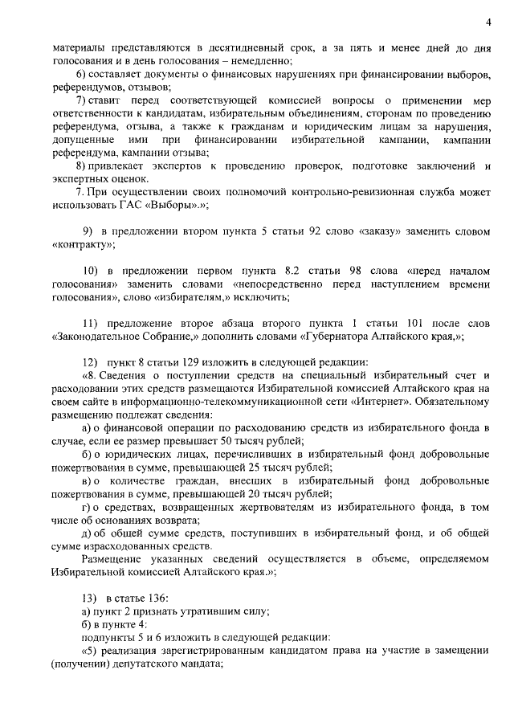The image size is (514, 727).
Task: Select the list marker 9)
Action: (x=88, y=232)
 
